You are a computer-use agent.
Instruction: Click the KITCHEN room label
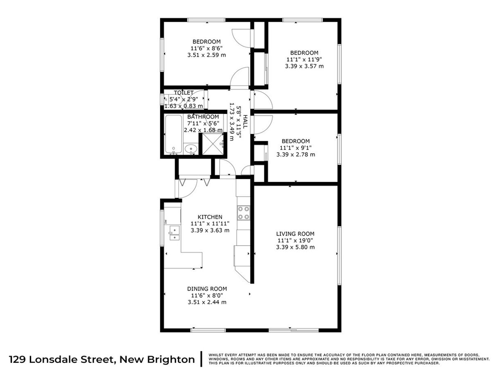210,217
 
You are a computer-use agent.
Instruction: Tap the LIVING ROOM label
296,234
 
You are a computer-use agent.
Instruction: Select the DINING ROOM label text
207,289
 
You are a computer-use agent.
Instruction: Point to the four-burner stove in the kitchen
244,213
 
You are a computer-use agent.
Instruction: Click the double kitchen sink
175,233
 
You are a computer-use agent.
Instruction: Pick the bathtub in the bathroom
174,135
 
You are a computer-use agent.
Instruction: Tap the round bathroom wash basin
191,149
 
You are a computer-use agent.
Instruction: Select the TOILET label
184,93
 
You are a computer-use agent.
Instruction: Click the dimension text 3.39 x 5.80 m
296,247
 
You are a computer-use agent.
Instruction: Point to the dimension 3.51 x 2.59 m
207,55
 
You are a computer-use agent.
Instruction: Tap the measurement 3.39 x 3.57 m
304,66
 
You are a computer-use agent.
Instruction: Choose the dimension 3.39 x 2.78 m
296,154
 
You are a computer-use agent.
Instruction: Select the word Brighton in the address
171,360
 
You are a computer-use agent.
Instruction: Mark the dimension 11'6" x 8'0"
207,295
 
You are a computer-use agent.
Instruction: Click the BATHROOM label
203,117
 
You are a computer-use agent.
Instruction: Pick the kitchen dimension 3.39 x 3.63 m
210,230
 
